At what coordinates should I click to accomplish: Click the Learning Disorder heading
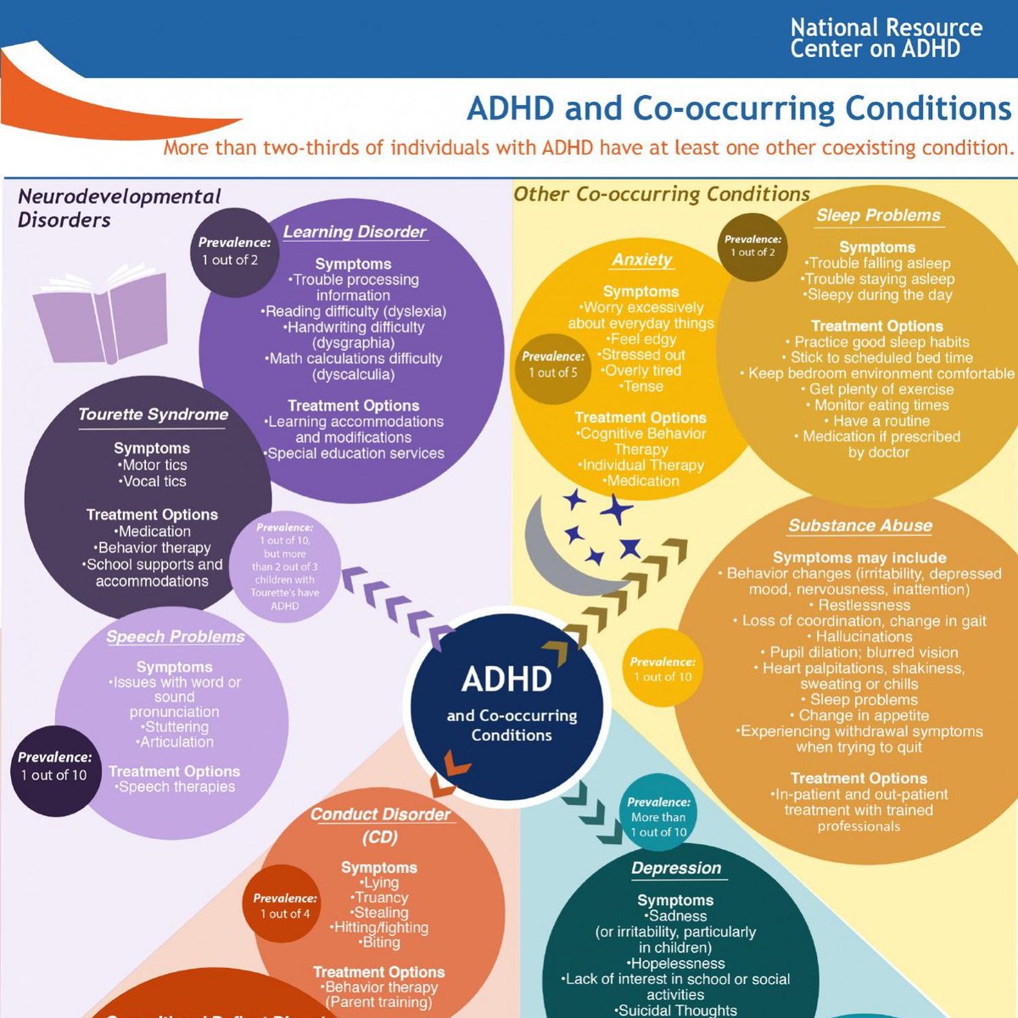pos(355,232)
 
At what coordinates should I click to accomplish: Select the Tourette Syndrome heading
pos(154,414)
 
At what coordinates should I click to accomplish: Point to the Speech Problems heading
pos(176,636)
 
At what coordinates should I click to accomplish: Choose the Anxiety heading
pos(642,260)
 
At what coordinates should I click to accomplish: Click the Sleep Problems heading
pos(878,215)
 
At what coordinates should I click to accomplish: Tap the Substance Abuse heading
pos(860,525)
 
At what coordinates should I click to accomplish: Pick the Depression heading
pos(676,868)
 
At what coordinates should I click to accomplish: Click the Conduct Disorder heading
pos(380,814)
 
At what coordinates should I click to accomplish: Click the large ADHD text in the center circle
pos(506,679)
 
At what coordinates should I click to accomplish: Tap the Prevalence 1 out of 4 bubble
pos(285,905)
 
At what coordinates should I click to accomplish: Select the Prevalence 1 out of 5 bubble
pos(553,365)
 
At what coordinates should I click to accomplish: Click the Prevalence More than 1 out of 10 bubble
pos(658,816)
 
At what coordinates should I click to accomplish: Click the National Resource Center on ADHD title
pos(886,38)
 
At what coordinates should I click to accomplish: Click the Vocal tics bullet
pos(153,481)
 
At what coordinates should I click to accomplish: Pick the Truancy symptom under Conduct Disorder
pos(381,898)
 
